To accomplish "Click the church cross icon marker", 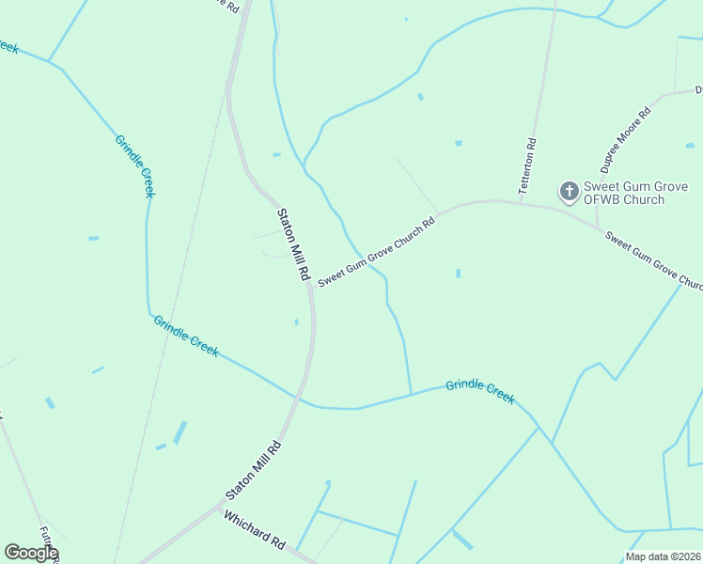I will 569,192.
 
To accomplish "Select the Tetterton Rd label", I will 531,166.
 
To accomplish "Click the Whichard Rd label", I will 255,530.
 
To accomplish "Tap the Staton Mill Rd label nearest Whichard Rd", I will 254,470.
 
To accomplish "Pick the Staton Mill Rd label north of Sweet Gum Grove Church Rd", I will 292,244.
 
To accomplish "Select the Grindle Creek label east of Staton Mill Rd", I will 480,391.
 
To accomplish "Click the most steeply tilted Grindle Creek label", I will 134,165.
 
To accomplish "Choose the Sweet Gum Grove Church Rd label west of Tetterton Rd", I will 376,252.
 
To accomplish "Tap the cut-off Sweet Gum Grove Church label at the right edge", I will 654,260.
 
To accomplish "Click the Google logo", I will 31,553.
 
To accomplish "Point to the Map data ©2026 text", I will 664,556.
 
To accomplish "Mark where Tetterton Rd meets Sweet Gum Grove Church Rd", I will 520,201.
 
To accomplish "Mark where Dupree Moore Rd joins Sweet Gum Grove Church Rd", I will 598,227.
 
